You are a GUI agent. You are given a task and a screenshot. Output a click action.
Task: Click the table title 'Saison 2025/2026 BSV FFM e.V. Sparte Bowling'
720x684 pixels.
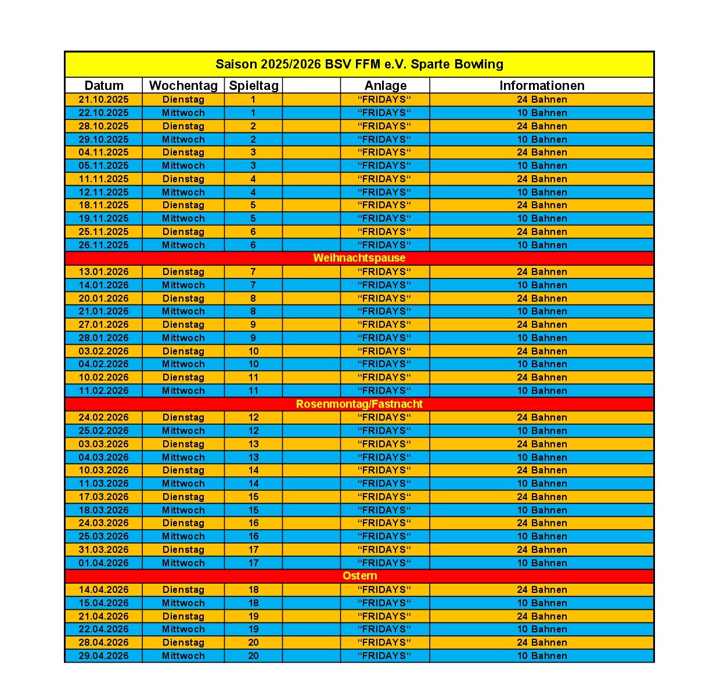click(x=359, y=64)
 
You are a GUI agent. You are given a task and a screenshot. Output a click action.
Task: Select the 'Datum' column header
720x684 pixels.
click(x=104, y=85)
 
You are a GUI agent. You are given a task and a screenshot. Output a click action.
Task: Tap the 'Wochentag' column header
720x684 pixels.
click(x=183, y=85)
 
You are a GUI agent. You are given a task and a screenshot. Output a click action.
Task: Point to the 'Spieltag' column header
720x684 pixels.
click(x=254, y=85)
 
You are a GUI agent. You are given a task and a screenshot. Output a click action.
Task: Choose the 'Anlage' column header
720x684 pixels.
click(x=386, y=85)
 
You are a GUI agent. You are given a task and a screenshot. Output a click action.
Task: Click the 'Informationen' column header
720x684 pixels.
click(x=542, y=85)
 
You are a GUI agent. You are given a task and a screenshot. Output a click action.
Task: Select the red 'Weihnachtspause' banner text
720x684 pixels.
click(x=359, y=258)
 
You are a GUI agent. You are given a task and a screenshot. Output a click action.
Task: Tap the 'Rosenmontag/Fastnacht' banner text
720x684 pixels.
click(x=359, y=404)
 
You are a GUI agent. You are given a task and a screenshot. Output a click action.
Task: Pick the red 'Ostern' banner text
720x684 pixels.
click(x=360, y=576)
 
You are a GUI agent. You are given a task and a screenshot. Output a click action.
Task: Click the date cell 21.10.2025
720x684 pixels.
click(x=104, y=99)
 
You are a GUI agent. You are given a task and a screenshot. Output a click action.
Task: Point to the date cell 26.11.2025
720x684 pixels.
click(x=104, y=245)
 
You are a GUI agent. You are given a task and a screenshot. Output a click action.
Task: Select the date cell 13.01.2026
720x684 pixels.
click(x=104, y=272)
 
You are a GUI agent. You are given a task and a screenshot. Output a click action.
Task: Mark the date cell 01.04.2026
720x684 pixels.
click(x=104, y=563)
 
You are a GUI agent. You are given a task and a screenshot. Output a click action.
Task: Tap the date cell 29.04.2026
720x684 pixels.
click(x=104, y=656)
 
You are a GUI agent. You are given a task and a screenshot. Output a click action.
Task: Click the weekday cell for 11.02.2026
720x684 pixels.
click(x=183, y=390)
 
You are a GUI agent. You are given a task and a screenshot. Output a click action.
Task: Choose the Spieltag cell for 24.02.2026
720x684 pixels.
click(x=254, y=417)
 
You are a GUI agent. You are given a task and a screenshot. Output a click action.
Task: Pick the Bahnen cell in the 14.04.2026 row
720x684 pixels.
click(x=542, y=589)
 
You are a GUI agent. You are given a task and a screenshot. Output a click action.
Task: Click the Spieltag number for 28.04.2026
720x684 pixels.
click(x=254, y=642)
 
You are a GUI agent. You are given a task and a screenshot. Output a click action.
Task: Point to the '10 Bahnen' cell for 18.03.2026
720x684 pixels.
click(x=542, y=510)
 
